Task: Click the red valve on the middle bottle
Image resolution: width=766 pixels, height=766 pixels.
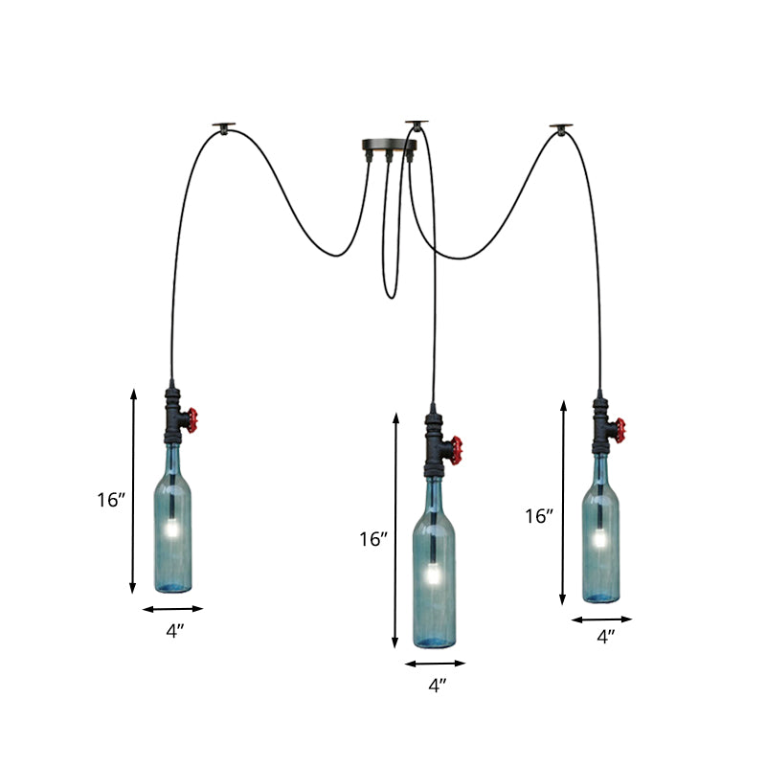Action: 457,446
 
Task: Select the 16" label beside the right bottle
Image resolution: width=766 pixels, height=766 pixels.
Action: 539,516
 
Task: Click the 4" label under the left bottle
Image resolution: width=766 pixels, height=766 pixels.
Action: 173,630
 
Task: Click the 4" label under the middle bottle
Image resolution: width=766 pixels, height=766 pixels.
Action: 437,685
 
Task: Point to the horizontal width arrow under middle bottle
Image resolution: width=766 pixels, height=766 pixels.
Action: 435,663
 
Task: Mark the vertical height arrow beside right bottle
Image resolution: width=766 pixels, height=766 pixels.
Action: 563,503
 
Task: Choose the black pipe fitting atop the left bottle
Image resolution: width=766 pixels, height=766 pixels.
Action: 173,419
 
